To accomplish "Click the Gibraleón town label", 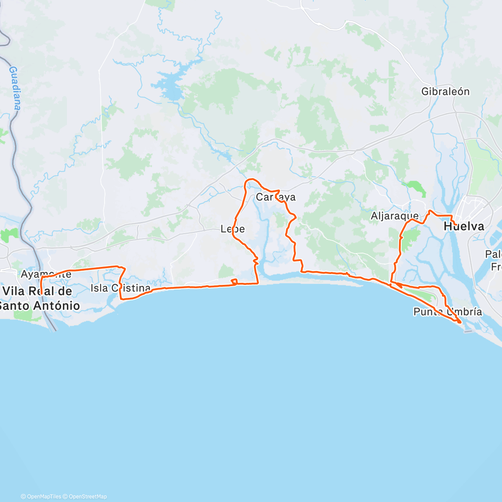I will (446, 92).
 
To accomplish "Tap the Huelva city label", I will (464, 227).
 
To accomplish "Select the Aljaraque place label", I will (394, 216).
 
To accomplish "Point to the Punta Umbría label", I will (448, 312).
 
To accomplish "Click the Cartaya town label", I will (276, 197).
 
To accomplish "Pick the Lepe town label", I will (233, 229).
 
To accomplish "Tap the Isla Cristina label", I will (120, 288).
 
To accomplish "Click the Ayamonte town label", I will (46, 274).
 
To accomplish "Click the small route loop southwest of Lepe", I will (234, 282).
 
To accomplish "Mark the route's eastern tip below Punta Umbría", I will (460, 322).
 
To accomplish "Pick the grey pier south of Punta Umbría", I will (468, 331).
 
